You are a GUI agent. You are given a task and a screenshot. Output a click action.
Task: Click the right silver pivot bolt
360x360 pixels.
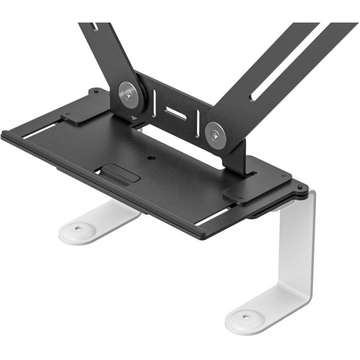pyautogui.click(x=214, y=135)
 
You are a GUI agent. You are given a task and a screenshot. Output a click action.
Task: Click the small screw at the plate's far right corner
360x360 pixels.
pyautogui.click(x=299, y=188)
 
